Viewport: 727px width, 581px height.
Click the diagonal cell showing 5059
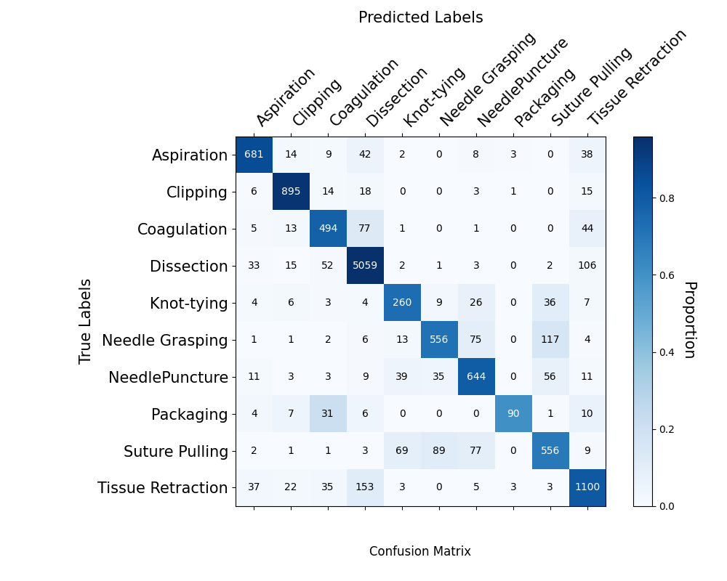365,266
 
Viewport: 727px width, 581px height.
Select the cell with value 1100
587,488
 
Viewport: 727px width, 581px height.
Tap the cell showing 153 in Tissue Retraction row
365,488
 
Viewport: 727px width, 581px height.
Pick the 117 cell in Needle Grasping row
550,340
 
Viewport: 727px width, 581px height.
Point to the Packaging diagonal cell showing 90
513,414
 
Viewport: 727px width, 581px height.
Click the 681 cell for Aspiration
254,155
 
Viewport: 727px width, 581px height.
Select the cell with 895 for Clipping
291,192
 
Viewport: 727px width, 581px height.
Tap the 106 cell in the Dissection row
587,266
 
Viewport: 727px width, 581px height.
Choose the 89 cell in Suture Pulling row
439,451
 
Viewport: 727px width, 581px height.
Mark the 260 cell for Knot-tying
402,303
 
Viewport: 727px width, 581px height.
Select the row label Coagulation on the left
182,229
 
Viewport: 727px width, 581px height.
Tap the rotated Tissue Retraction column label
637,78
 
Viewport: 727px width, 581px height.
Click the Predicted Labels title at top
420,17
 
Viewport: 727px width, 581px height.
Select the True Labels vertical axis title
86,321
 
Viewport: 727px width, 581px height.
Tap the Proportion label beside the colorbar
689,320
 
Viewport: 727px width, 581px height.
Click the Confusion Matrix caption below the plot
420,551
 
